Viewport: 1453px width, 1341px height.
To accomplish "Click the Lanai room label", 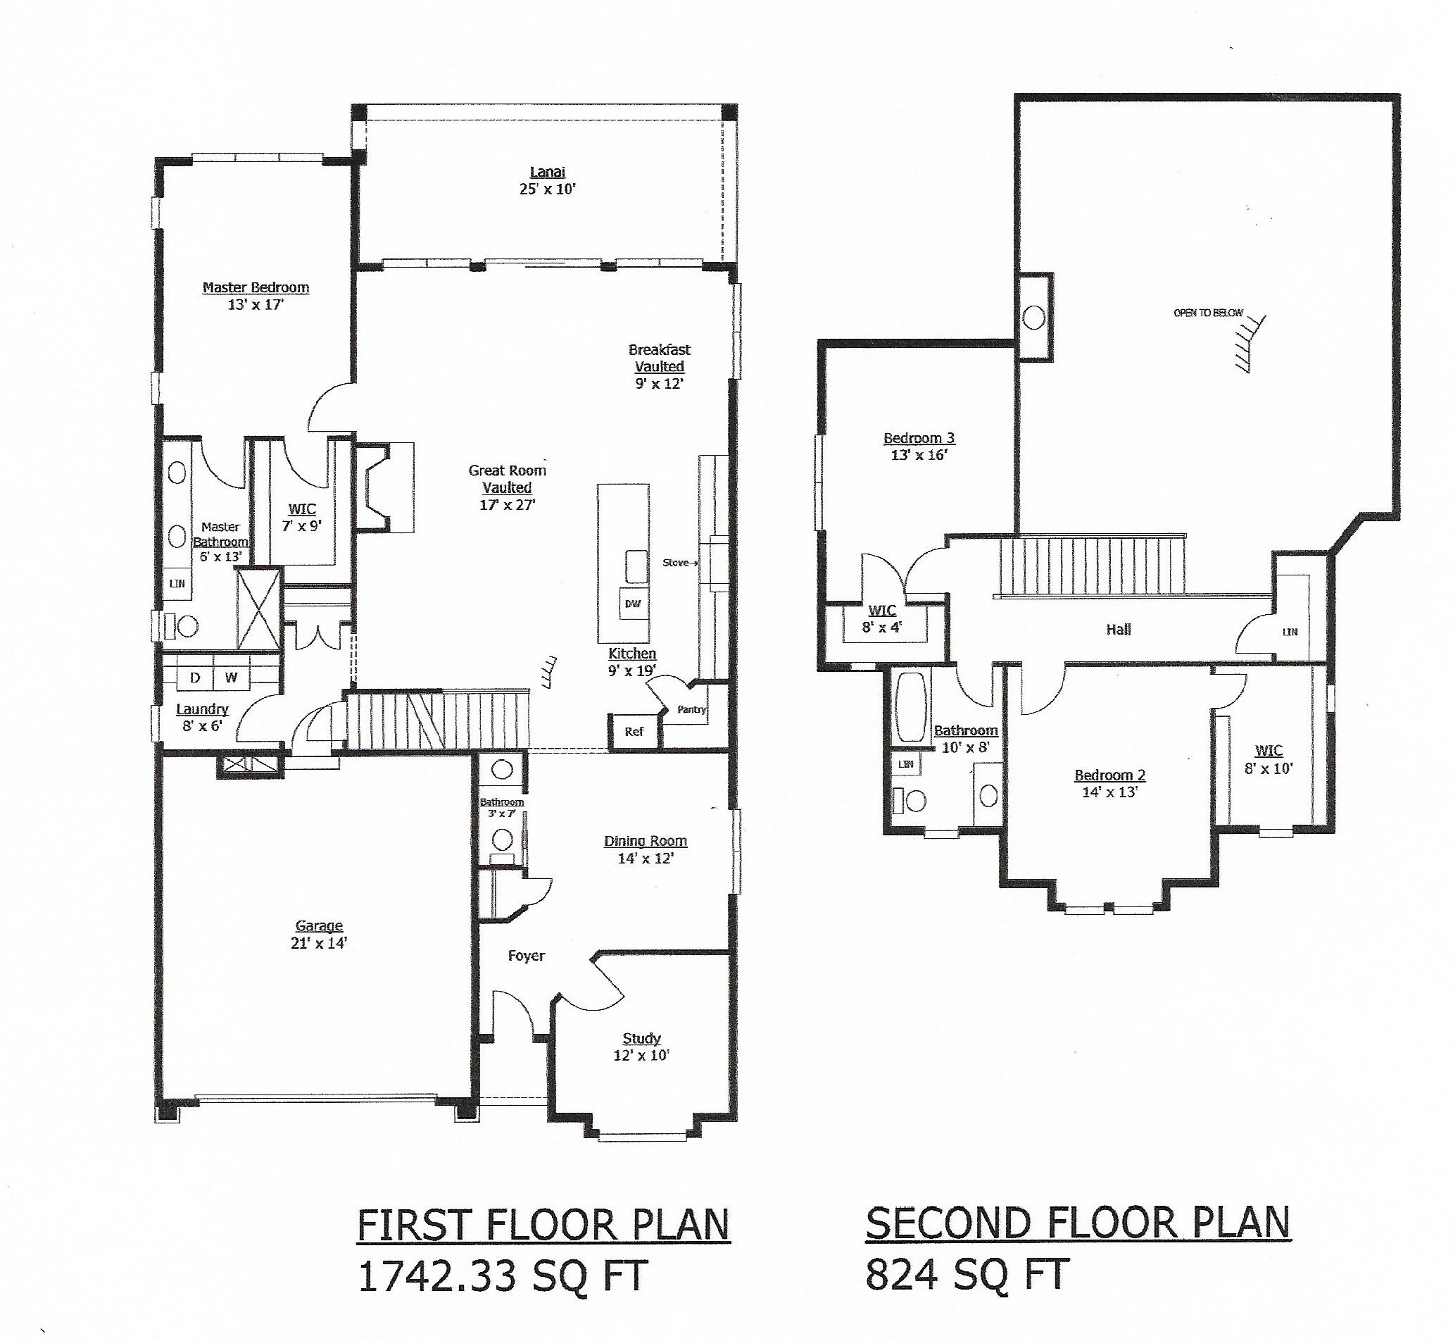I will click(x=547, y=172).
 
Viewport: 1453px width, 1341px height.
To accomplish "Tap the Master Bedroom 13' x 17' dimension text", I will click(x=256, y=305).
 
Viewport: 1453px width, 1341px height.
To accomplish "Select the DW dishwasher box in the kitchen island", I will click(x=633, y=604).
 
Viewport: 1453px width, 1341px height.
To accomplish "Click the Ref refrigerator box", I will click(x=634, y=732).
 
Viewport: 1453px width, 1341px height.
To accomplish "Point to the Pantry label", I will click(x=691, y=710).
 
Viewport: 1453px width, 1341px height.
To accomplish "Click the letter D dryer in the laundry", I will click(x=194, y=678).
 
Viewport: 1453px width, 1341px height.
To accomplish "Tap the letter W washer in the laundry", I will click(x=232, y=678).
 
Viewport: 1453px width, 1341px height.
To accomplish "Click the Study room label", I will click(x=641, y=1038).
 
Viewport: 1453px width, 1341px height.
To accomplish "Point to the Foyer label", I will click(x=526, y=956).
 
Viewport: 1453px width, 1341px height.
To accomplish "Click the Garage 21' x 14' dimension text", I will click(x=318, y=943).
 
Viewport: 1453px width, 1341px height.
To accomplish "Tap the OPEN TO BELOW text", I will click(x=1208, y=313).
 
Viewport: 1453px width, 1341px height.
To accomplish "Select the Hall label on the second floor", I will click(x=1118, y=630).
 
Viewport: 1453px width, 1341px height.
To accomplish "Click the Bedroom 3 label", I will click(x=919, y=438).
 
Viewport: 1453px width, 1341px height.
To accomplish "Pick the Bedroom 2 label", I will click(x=1109, y=775).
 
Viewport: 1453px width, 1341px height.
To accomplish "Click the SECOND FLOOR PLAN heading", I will click(x=1078, y=1223).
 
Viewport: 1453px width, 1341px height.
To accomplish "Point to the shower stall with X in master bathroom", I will click(x=259, y=609).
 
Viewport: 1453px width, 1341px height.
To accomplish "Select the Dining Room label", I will click(x=645, y=841).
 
